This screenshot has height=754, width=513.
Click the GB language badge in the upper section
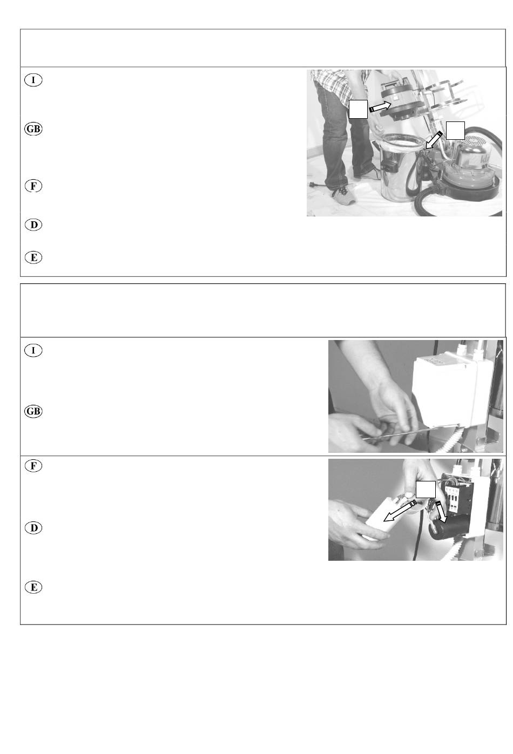pyautogui.click(x=33, y=129)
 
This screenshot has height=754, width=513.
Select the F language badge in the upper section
pyautogui.click(x=33, y=186)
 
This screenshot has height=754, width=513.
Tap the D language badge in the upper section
pyautogui.click(x=33, y=225)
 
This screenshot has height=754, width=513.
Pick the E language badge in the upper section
pyautogui.click(x=33, y=257)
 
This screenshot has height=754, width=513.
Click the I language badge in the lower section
pyautogui.click(x=33, y=350)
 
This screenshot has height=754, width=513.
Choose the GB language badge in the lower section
pyautogui.click(x=33, y=411)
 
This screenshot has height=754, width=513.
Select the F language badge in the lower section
pyautogui.click(x=33, y=466)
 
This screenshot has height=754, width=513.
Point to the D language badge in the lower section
pyautogui.click(x=33, y=528)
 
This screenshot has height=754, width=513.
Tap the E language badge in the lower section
pyautogui.click(x=33, y=587)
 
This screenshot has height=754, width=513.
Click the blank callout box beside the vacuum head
pyautogui.click(x=358, y=109)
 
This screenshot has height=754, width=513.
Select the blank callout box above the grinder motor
pyautogui.click(x=455, y=131)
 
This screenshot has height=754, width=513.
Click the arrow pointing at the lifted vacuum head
pyautogui.click(x=380, y=107)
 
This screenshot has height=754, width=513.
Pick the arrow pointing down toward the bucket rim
pyautogui.click(x=434, y=140)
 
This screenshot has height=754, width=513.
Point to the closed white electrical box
pyautogui.click(x=448, y=387)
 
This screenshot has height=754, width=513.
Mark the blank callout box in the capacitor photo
pyautogui.click(x=426, y=490)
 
